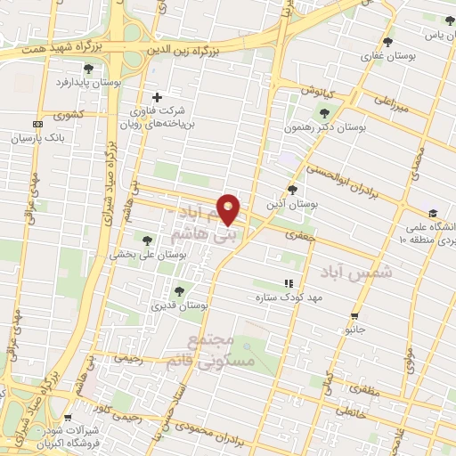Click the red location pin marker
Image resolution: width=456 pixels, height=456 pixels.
click(229, 208)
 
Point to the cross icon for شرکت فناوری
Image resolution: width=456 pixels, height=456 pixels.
click(158, 97)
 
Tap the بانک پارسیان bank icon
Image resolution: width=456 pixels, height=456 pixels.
click(37, 124)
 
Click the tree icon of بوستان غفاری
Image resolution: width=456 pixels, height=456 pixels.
click(387, 41)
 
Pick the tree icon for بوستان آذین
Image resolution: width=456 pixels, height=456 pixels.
click(293, 189)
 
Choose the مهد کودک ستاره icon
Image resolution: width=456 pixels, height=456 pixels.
click(287, 283)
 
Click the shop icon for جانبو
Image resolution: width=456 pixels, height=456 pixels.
click(355, 316)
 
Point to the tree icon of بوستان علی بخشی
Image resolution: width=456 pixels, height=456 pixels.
click(148, 239)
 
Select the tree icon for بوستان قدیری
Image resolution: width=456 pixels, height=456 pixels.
click(179, 290)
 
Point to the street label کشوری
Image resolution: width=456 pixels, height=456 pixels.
click(67, 115)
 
